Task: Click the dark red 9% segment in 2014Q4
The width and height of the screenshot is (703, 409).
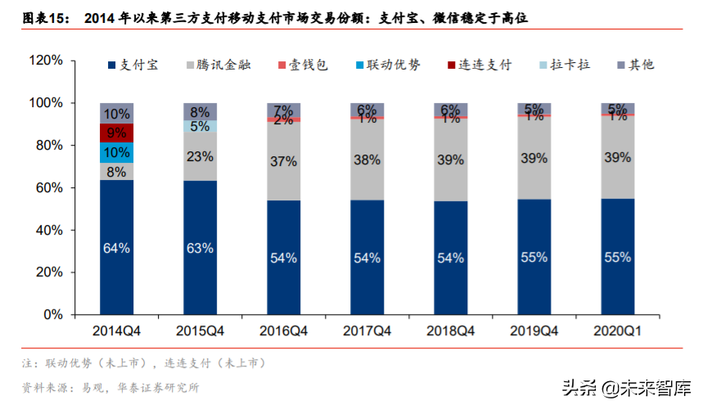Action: pyautogui.click(x=117, y=133)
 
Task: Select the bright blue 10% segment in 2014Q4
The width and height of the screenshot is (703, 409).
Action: pyautogui.click(x=117, y=153)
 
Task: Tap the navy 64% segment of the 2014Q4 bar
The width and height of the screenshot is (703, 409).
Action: pyautogui.click(x=117, y=247)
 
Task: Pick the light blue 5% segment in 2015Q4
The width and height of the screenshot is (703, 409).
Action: pyautogui.click(x=201, y=126)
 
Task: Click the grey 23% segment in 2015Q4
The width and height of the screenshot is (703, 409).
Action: pyautogui.click(x=201, y=156)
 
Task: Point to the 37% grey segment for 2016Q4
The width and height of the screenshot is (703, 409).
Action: pyautogui.click(x=284, y=161)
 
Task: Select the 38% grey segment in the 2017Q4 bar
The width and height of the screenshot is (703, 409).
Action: pyautogui.click(x=367, y=160)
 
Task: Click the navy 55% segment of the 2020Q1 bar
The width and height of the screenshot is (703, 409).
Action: pyautogui.click(x=618, y=257)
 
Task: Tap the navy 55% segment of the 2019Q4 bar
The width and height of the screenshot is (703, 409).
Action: pyautogui.click(x=534, y=257)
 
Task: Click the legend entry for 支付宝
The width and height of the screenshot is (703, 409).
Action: pyautogui.click(x=133, y=65)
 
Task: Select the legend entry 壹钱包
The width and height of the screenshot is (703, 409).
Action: pyautogui.click(x=304, y=65)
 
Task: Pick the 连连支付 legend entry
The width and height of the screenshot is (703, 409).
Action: pyautogui.click(x=478, y=65)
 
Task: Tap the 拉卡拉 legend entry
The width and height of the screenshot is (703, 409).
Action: pyautogui.click(x=566, y=65)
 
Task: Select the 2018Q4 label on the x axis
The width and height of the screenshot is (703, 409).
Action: pyautogui.click(x=451, y=330)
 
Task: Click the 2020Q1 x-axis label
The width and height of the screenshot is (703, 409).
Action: pyautogui.click(x=618, y=330)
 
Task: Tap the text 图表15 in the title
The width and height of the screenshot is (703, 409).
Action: pyautogui.click(x=45, y=17)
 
